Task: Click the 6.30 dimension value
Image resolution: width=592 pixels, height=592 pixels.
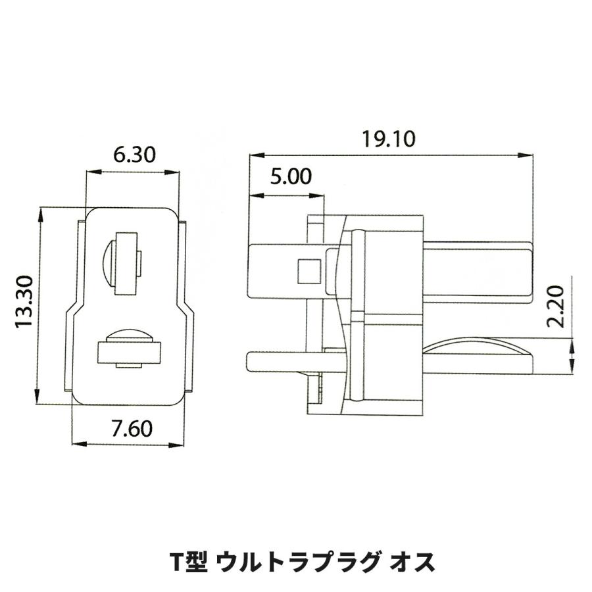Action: tap(134, 155)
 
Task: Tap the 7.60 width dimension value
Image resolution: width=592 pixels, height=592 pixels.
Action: tap(132, 428)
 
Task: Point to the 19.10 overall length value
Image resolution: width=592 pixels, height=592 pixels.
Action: tap(389, 139)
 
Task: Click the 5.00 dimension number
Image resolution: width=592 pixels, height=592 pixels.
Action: tap(291, 176)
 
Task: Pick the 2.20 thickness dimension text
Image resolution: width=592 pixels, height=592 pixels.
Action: tap(555, 307)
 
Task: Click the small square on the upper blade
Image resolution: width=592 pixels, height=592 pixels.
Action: tap(309, 271)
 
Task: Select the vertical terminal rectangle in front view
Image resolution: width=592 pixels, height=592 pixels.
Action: tap(126, 264)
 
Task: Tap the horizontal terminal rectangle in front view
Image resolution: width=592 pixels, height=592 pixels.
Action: tap(129, 353)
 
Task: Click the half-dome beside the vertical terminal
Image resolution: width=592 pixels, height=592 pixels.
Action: tap(109, 264)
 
